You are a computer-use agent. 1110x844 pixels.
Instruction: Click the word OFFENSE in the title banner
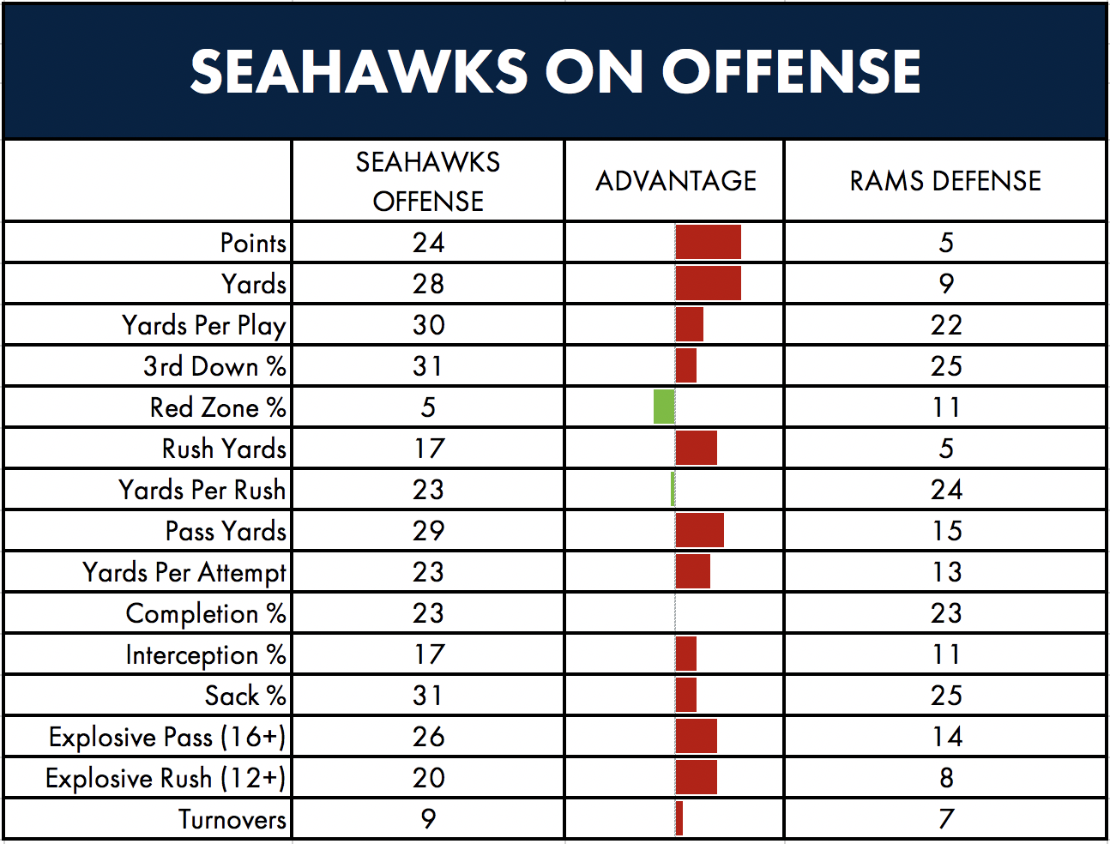(791, 71)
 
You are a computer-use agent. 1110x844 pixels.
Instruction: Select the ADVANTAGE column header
(676, 181)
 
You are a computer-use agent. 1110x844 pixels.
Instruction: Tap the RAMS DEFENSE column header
(945, 181)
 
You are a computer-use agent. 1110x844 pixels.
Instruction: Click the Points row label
(253, 243)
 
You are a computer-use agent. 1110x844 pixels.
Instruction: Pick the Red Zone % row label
(218, 407)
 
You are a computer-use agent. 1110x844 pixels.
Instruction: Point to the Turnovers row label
(232, 819)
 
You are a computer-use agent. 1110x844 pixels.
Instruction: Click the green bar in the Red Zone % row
(664, 407)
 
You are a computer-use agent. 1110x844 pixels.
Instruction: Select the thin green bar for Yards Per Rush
(673, 489)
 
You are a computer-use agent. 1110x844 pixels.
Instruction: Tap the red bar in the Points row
(709, 242)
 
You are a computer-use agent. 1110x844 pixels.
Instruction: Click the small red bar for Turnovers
(679, 818)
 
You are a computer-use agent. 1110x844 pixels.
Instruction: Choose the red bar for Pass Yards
(700, 530)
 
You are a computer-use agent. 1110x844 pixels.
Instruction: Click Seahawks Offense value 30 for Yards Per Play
(428, 325)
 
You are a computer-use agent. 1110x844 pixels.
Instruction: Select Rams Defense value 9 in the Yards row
(946, 284)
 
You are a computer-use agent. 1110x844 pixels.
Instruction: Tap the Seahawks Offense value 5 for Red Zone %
(428, 407)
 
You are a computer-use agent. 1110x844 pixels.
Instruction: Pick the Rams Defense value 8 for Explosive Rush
(946, 778)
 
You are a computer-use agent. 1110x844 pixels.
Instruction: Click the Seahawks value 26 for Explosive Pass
(428, 737)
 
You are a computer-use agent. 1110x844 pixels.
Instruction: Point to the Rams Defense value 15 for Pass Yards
(946, 530)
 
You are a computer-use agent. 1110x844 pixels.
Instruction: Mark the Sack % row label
(245, 696)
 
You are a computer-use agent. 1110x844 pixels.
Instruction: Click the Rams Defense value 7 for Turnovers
(946, 819)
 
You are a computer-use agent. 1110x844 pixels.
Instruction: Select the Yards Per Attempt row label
(184, 573)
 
